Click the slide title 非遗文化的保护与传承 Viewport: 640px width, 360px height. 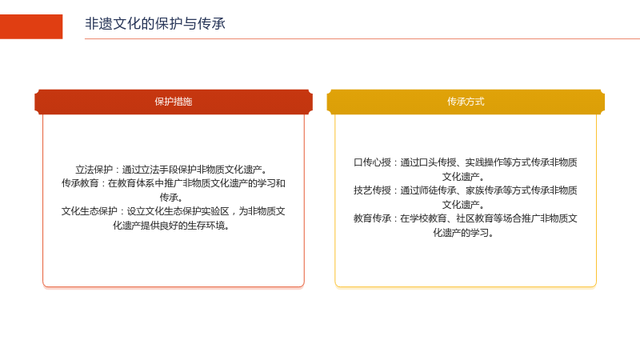(155, 24)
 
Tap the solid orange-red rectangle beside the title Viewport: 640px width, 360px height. (31, 26)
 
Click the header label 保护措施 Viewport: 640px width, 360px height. (174, 102)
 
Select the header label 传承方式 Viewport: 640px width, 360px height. (466, 102)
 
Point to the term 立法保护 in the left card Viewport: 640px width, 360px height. (94, 170)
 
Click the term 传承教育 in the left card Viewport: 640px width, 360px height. (81, 183)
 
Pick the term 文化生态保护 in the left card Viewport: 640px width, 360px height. (90, 211)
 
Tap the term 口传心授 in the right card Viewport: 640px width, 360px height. (372, 162)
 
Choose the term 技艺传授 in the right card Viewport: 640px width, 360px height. (372, 190)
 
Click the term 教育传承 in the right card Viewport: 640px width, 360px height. (372, 218)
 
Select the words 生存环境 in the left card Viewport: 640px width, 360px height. (206, 226)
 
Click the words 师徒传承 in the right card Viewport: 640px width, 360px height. (438, 190)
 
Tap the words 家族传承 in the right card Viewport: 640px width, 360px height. (484, 190)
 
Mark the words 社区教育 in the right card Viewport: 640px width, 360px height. (474, 218)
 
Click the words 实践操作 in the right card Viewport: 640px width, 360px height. (484, 162)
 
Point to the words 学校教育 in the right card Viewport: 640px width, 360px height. (428, 218)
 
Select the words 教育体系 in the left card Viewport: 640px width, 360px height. (136, 183)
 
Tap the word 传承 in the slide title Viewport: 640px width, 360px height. (211, 24)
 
